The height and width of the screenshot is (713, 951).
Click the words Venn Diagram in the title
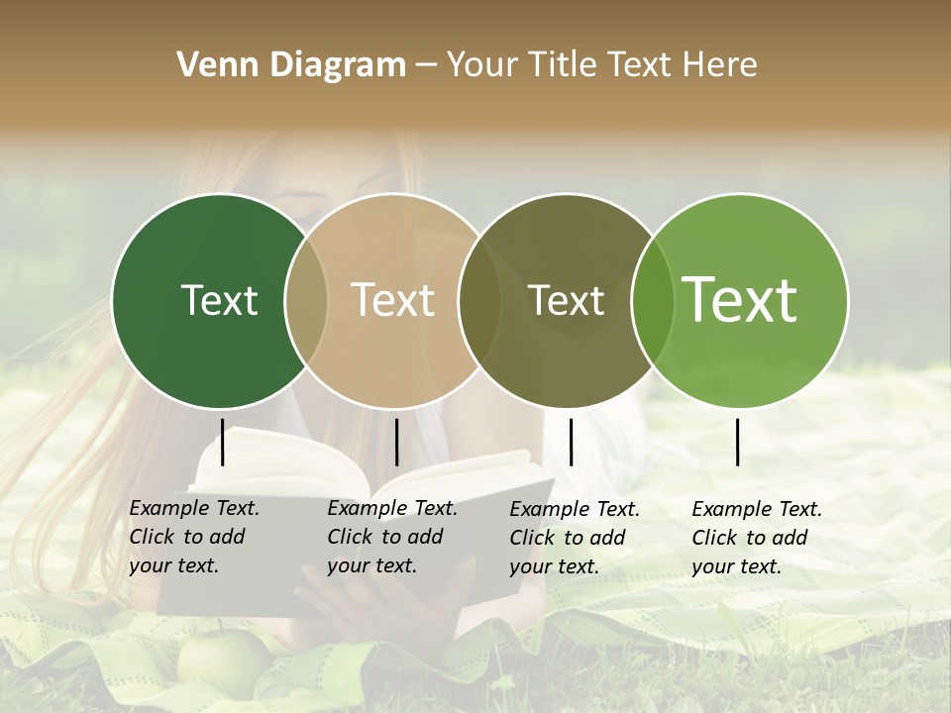[x=291, y=65]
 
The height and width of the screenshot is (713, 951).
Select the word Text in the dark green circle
[x=219, y=300]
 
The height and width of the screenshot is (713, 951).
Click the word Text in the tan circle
[x=393, y=300]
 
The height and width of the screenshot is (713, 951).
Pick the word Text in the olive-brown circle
[x=566, y=300]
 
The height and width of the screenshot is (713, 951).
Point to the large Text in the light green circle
[x=740, y=300]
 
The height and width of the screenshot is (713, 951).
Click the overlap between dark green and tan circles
[x=306, y=300]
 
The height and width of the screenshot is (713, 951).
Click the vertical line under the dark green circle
[x=223, y=442]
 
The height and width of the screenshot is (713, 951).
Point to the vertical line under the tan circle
[x=396, y=442]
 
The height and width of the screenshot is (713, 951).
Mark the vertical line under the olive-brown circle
[x=571, y=442]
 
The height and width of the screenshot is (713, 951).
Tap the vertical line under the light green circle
[x=738, y=442]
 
